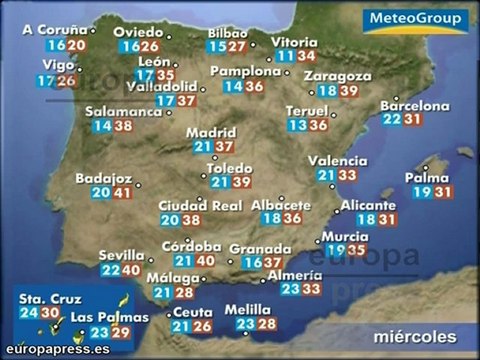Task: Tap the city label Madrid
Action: (x=210, y=131)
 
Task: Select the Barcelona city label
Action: (x=414, y=105)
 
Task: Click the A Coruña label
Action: (x=60, y=31)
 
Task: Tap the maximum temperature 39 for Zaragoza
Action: (x=348, y=91)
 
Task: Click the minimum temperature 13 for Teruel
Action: (x=297, y=125)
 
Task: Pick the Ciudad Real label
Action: (x=200, y=206)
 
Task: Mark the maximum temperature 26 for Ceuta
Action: (x=202, y=326)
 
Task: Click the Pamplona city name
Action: (x=244, y=72)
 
